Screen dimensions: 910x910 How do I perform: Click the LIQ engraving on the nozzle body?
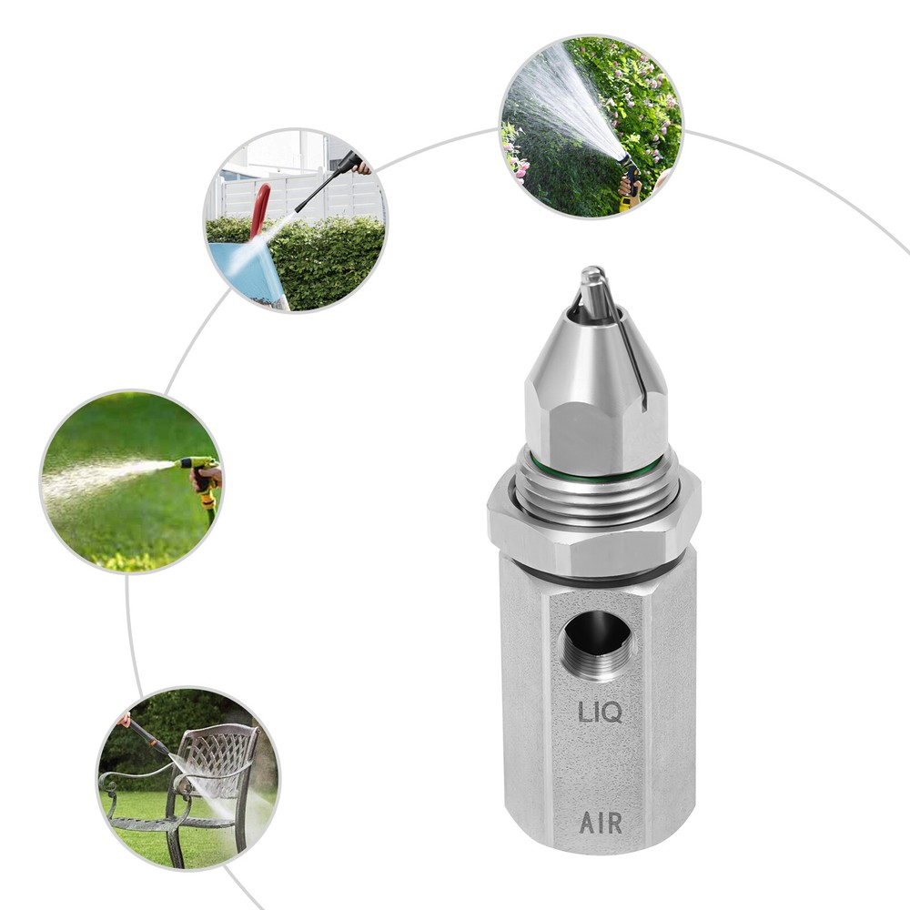point(601,712)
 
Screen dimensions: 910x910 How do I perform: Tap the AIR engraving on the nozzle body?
point(601,823)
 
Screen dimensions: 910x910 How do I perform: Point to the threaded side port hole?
point(595,644)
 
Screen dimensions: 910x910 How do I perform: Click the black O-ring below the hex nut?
point(596,576)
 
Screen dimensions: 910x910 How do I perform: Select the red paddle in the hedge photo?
point(260,209)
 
